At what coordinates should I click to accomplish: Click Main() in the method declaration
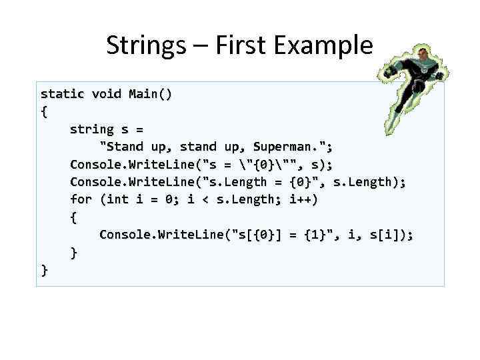point(151,93)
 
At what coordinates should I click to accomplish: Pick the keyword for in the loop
point(81,199)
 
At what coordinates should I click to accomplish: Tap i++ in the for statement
point(305,199)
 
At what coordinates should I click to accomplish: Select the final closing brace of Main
point(45,269)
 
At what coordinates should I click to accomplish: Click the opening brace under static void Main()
point(45,111)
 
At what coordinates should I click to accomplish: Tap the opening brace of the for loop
point(74,217)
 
